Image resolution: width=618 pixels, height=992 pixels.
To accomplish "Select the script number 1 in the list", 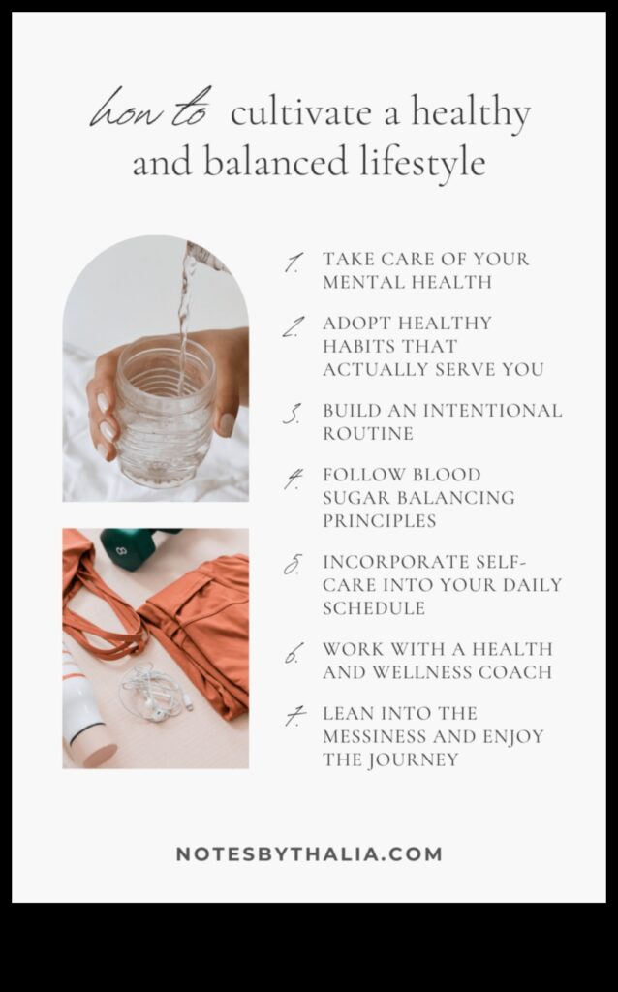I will pyautogui.click(x=293, y=263).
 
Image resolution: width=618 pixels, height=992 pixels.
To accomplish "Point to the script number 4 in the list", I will pyautogui.click(x=294, y=478).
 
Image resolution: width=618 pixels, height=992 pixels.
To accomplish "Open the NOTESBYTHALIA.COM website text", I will pyautogui.click(x=309, y=854).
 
